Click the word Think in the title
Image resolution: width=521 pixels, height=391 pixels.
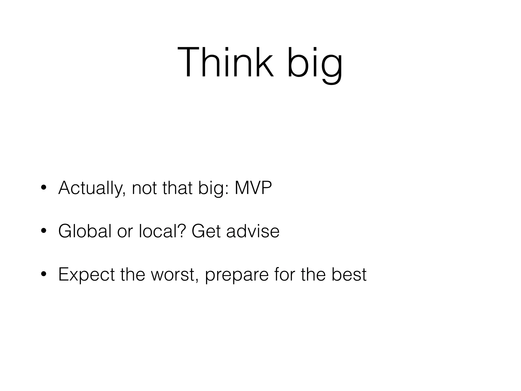coord(226,62)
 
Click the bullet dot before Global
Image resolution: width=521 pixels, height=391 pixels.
coord(44,231)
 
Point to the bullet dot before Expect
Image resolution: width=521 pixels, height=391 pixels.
coord(44,274)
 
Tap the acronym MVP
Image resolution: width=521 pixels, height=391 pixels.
coord(253,188)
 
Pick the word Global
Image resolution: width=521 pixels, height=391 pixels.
coord(85,231)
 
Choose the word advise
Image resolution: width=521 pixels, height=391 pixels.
coord(253,231)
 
